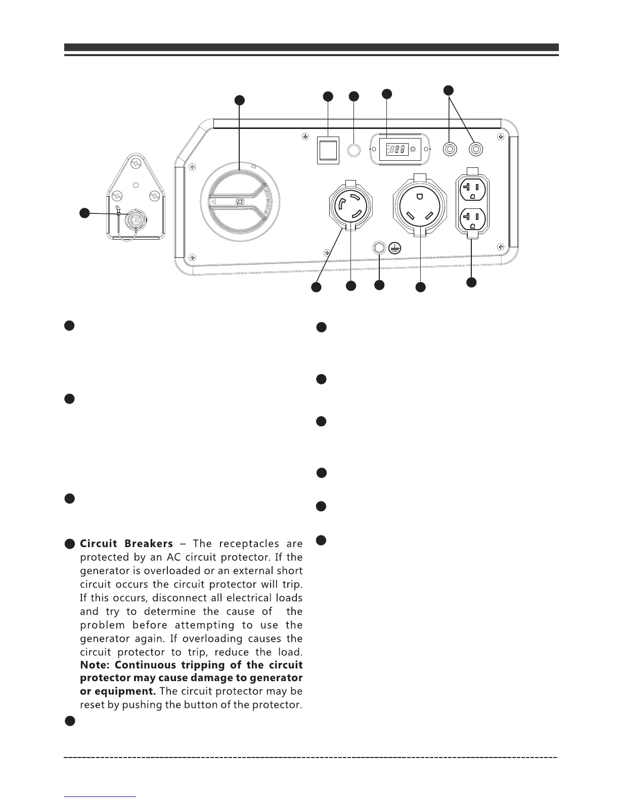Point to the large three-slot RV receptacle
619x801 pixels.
tap(420, 205)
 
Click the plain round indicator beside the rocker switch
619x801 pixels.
tap(353, 150)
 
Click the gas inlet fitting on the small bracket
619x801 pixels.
tap(134, 219)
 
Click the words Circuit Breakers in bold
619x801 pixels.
tap(126, 544)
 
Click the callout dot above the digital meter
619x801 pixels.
tap(387, 94)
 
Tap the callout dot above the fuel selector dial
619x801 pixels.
tap(240, 100)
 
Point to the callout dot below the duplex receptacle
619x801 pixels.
tap(471, 282)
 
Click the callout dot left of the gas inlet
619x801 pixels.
tap(85, 213)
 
